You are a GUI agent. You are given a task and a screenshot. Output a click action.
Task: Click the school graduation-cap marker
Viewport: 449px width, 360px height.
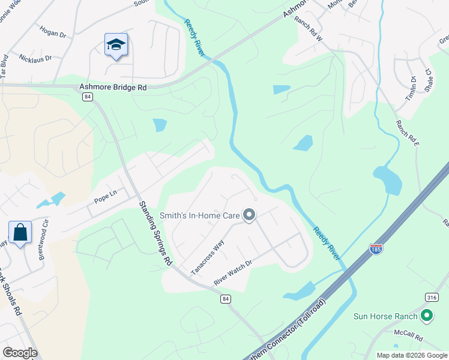[116, 45]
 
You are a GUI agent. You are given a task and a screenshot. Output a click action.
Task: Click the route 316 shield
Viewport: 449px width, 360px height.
[431, 297]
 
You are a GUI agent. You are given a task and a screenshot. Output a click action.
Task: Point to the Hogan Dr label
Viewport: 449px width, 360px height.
[52, 31]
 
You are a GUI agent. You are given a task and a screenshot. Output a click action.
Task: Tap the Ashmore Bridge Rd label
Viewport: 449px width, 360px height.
[113, 87]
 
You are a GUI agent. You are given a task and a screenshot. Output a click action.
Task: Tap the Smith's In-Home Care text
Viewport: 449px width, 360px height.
[199, 215]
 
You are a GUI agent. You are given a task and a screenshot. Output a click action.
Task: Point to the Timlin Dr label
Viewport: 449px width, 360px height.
[413, 88]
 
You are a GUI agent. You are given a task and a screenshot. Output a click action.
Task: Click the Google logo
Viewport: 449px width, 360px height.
[20, 353]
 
